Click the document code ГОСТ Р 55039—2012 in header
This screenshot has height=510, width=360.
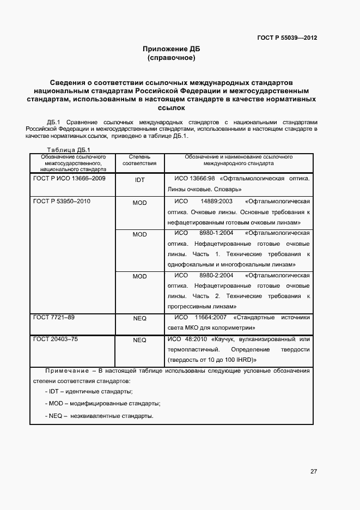pos(286,38)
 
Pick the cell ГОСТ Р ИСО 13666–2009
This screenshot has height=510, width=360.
pos(69,178)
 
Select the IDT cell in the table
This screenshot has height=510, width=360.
pos(139,179)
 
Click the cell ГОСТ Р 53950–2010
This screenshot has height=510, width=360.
pos(62,201)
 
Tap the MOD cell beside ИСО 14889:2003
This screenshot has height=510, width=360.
pos(139,202)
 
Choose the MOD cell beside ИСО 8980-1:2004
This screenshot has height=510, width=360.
pos(139,234)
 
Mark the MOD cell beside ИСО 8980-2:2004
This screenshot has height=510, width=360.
pos(139,276)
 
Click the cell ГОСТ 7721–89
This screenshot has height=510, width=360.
pos(54,317)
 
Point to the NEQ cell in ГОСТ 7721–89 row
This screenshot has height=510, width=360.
pos(139,318)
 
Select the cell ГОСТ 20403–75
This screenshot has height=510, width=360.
pos(56,339)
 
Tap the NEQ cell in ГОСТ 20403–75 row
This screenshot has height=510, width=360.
pos(139,340)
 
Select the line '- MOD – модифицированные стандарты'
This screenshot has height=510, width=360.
pos(102,404)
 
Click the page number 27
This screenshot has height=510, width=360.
pos(314,471)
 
